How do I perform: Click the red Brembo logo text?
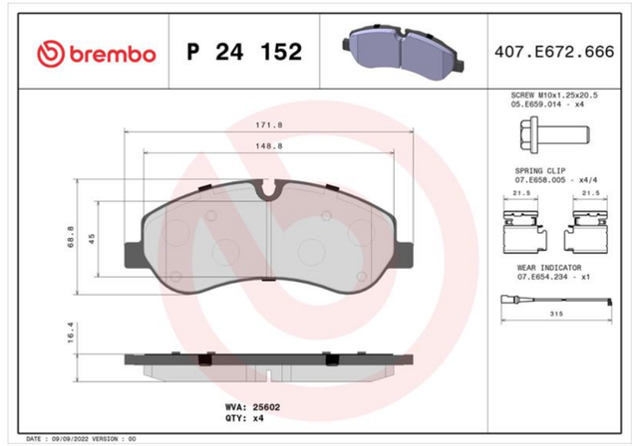(113, 54)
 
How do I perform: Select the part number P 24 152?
(244, 52)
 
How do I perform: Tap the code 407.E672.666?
(554, 52)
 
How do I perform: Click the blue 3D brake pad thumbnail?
(403, 51)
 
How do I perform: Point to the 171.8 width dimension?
(269, 125)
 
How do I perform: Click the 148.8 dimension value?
(269, 145)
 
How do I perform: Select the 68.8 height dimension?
(71, 237)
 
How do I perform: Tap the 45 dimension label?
(92, 239)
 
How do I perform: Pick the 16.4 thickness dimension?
(71, 333)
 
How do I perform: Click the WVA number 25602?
(266, 407)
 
